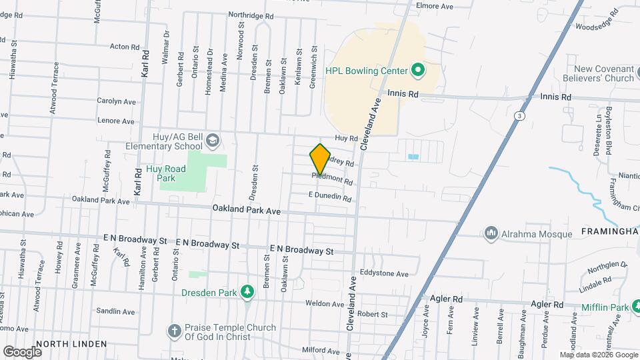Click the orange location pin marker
[320, 159]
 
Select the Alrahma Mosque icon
[491, 233]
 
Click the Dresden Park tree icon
[247, 292]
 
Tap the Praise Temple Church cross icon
[174, 331]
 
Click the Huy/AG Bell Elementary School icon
[212, 141]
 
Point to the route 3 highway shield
[517, 116]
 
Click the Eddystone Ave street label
[384, 273]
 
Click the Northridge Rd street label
[251, 15]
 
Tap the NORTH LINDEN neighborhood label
[71, 344]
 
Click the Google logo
[22, 351]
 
